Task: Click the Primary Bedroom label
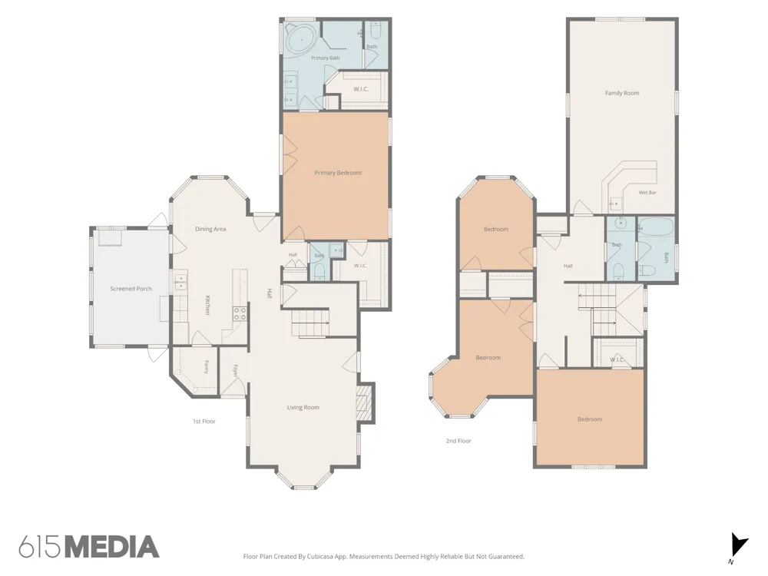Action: click(x=338, y=173)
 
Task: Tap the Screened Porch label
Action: click(x=131, y=289)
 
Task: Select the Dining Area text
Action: click(x=210, y=229)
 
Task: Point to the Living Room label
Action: click(x=303, y=408)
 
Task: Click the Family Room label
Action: click(x=622, y=93)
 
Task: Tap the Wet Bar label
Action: click(x=647, y=193)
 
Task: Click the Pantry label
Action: click(x=206, y=367)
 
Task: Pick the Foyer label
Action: click(x=236, y=371)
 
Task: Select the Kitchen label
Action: click(x=208, y=305)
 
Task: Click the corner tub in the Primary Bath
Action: click(x=301, y=38)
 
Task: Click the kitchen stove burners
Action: click(x=240, y=313)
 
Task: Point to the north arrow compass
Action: click(x=739, y=546)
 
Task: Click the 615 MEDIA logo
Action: click(x=89, y=547)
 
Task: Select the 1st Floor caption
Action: click(x=204, y=421)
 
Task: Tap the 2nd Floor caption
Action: click(x=458, y=441)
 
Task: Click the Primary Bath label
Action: click(x=326, y=58)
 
